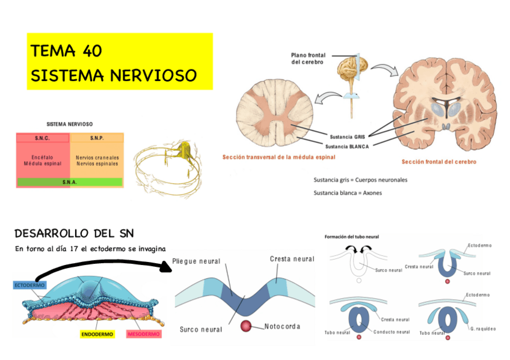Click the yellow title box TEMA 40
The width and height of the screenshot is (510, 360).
click(x=120, y=62)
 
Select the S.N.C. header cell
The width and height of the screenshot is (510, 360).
click(x=43, y=138)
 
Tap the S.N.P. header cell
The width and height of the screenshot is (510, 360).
click(x=97, y=138)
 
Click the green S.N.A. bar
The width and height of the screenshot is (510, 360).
click(x=70, y=182)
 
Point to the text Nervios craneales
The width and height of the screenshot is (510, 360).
click(x=97, y=157)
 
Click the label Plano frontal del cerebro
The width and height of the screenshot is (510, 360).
click(x=308, y=58)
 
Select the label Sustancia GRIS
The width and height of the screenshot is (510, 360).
click(x=348, y=136)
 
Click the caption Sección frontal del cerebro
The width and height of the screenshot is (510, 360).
click(x=438, y=162)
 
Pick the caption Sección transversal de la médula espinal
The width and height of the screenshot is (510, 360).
click(x=278, y=157)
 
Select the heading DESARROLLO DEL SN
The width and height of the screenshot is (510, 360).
click(x=74, y=233)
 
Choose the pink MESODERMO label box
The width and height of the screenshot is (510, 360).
click(x=144, y=334)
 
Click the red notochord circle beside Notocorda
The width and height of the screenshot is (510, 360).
click(x=246, y=326)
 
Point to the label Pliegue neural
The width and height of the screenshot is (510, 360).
click(x=196, y=261)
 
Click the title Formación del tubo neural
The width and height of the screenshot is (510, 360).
click(x=351, y=237)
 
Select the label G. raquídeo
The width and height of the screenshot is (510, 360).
click(x=484, y=329)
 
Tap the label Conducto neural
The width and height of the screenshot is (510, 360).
click(x=392, y=332)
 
